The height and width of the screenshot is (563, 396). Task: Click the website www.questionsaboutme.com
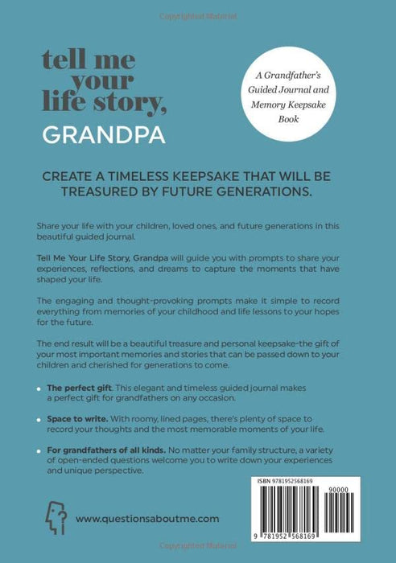point(147,519)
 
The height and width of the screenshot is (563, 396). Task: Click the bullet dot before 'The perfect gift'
point(39,389)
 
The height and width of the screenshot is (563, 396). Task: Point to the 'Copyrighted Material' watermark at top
point(197,7)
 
